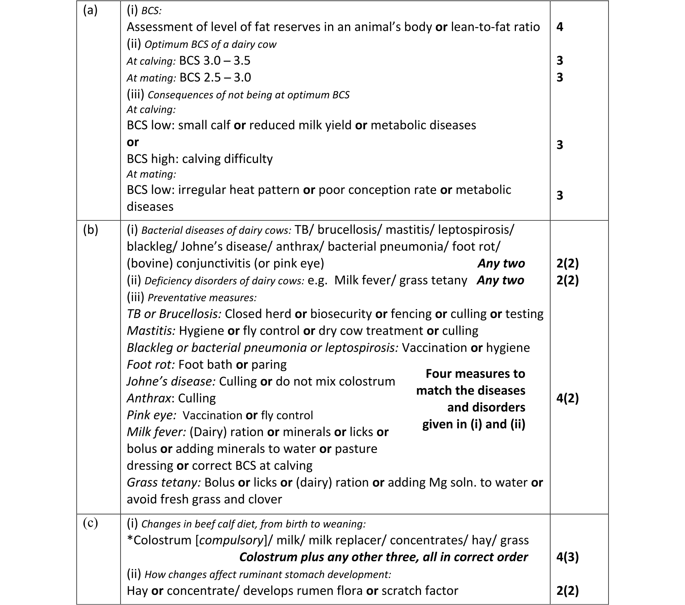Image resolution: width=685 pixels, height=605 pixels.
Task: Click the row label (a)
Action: coord(90,11)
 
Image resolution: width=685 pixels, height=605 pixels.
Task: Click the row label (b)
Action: coord(90,230)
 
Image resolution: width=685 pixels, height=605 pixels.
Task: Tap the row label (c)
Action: coord(90,523)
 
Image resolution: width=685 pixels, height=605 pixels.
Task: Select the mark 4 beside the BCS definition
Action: coord(560,27)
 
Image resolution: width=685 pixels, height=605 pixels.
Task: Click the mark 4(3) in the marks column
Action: coord(567,557)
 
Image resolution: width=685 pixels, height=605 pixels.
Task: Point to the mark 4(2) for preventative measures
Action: coord(567,398)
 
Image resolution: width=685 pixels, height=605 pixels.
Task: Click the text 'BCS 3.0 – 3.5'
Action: coord(215,61)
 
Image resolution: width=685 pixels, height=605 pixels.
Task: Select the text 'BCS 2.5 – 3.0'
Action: coord(215,78)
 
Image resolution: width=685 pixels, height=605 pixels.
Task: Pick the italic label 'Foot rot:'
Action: coord(151,365)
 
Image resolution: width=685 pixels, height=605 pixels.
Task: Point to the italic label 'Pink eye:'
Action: coord(151,415)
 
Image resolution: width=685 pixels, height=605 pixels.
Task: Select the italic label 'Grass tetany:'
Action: coord(163,483)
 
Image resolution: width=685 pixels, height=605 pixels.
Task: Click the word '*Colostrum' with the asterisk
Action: coord(159,540)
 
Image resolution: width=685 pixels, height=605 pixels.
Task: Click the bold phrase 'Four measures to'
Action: coord(475,374)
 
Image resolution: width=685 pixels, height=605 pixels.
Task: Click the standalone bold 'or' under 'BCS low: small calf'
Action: coord(133,142)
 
